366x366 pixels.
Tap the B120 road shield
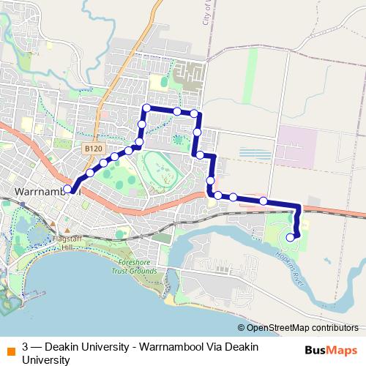point(91,149)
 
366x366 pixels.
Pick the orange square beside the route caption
point(10,347)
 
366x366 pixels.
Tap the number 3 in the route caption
point(26,347)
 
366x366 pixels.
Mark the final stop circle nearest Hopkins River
point(291,236)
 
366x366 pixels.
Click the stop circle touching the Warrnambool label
point(67,189)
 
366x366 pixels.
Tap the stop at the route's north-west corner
point(146,108)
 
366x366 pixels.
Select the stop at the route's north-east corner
point(195,113)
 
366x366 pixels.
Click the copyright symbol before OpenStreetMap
point(241,327)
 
